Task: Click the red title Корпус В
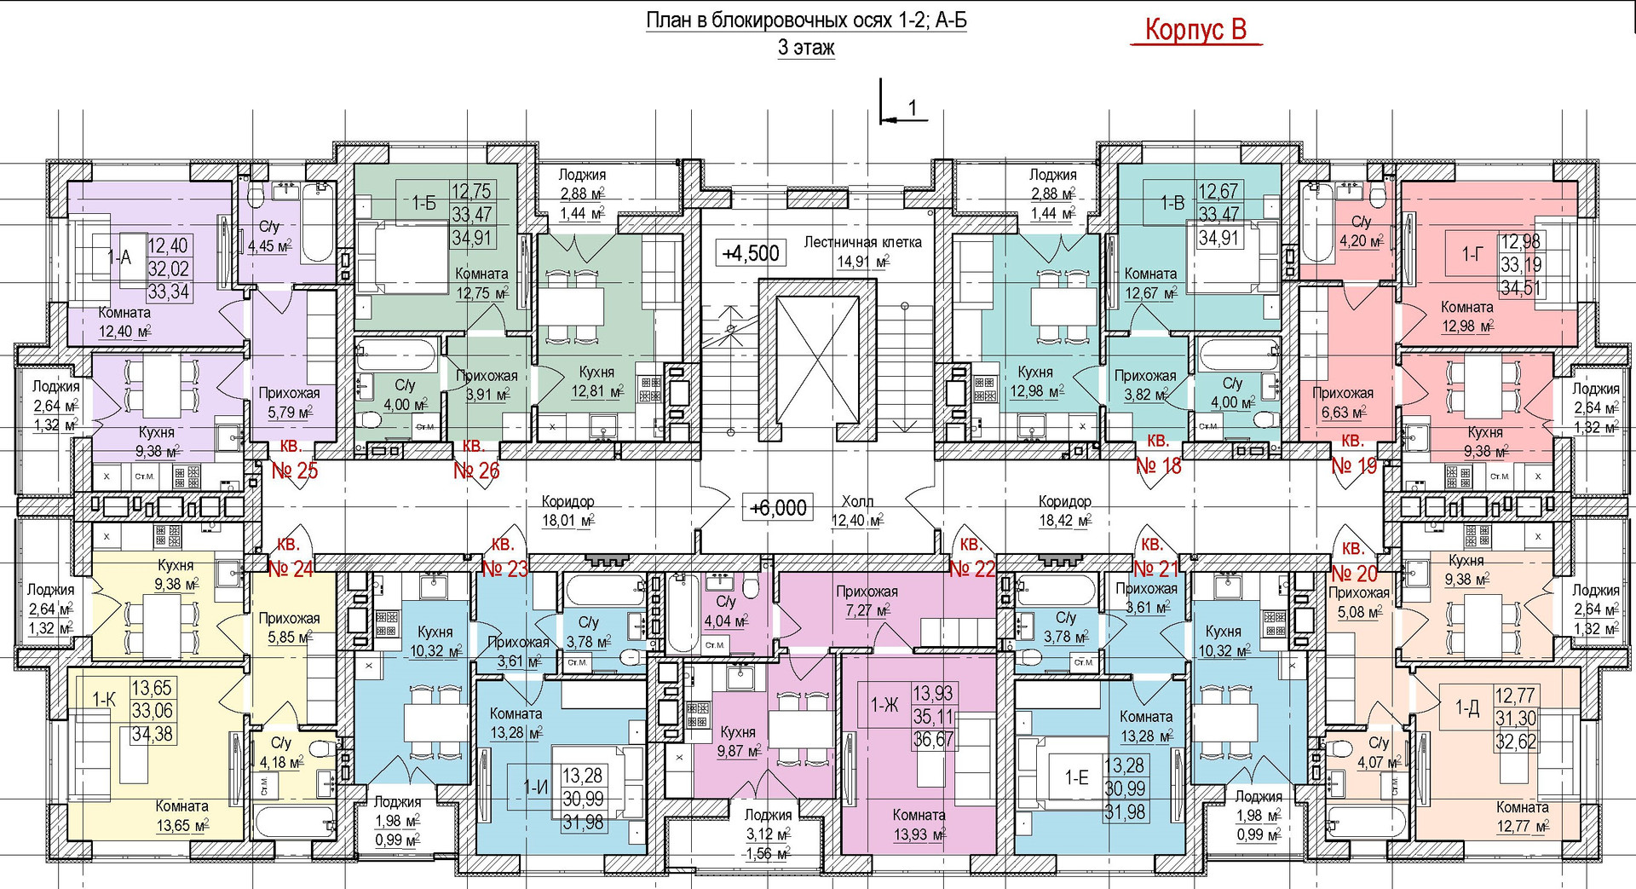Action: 1195,30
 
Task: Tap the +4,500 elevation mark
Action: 751,253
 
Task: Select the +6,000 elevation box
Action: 778,508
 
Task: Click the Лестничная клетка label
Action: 862,242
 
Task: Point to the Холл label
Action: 857,501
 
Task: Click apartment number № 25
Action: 295,470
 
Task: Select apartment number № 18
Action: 1159,465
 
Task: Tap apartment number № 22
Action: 972,569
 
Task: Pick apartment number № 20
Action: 1354,573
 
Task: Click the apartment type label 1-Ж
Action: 884,705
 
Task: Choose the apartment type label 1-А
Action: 119,257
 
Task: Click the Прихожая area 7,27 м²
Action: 867,610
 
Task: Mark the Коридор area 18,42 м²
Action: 1065,520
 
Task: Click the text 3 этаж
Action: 806,48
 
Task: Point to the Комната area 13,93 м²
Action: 919,834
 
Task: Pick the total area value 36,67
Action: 934,740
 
